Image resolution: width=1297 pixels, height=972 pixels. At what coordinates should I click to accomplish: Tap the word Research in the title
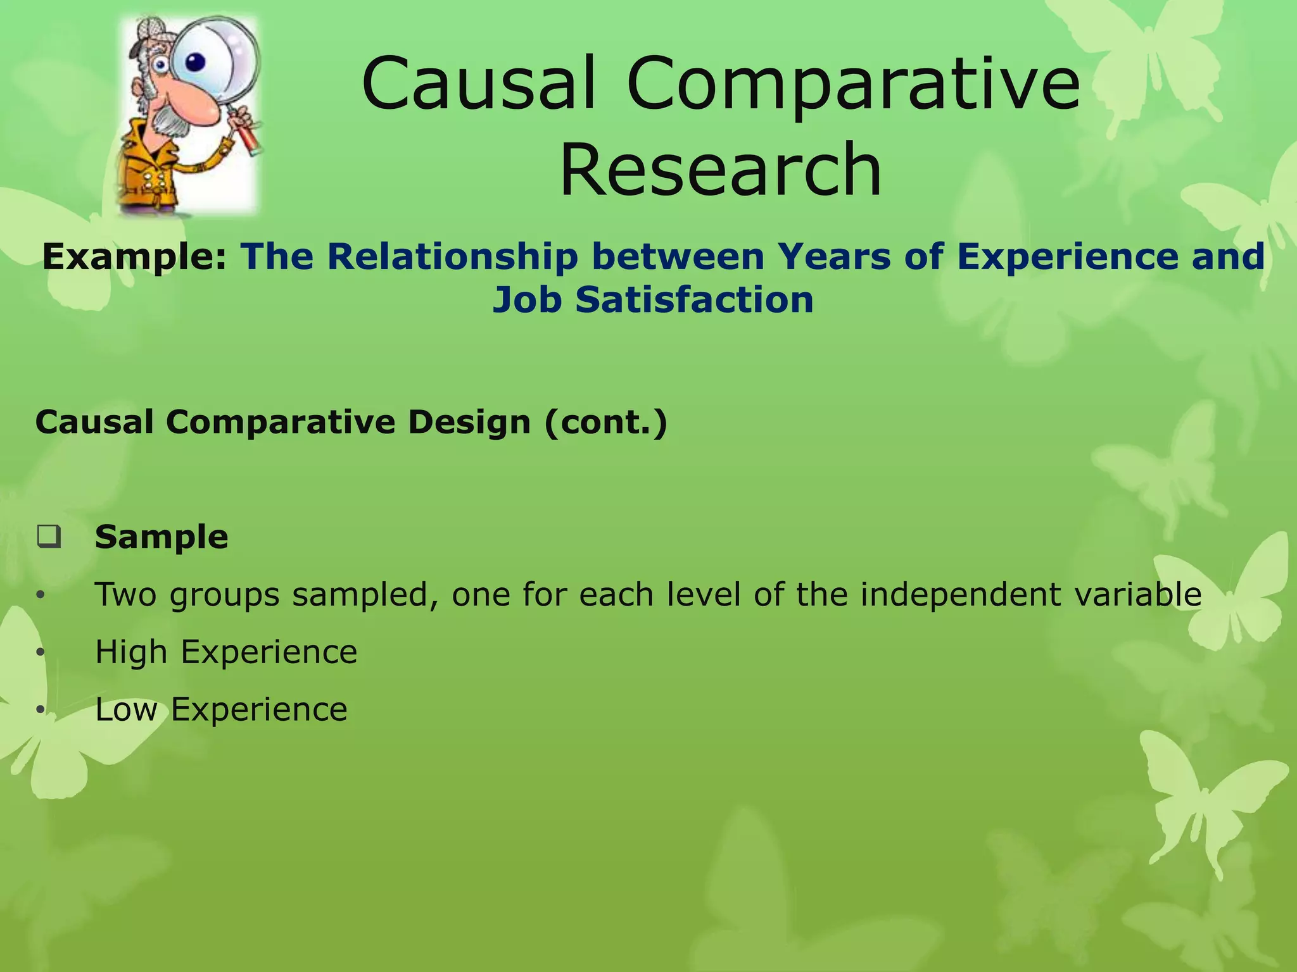point(721,170)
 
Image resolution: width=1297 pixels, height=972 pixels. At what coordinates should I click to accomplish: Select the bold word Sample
point(161,537)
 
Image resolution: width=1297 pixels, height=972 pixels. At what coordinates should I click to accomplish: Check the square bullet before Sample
point(49,537)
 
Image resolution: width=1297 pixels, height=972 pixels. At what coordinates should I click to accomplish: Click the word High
point(130,652)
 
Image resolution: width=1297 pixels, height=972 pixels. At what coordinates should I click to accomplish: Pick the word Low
point(125,709)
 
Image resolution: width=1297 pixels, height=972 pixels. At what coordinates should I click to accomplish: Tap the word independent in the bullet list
point(960,595)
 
